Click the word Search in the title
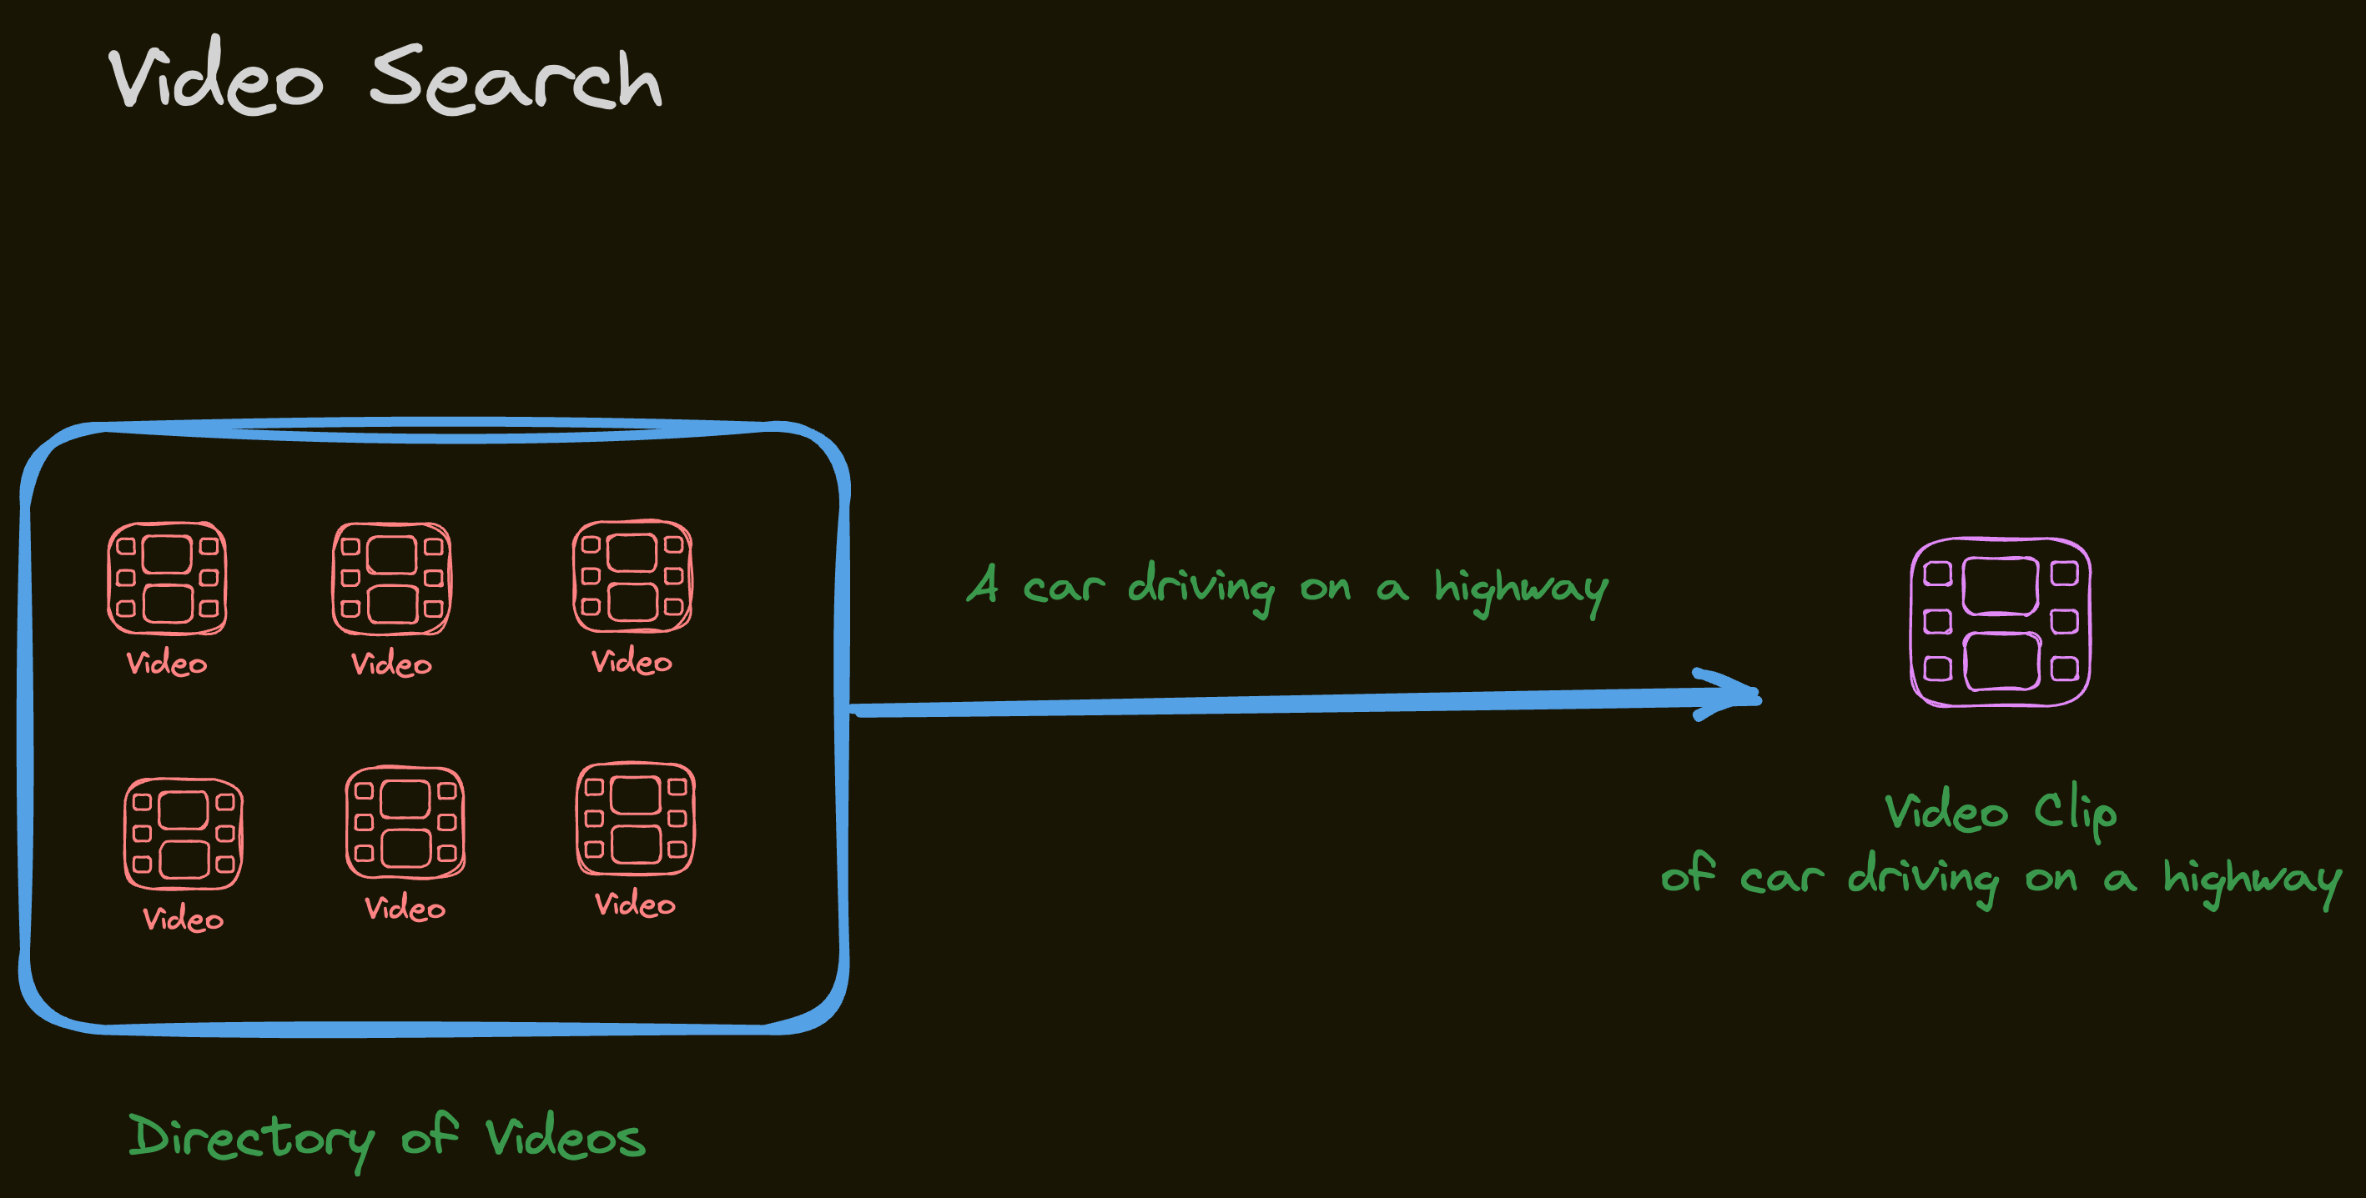pos(516,81)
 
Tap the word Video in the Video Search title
pos(216,78)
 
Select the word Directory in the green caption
pos(251,1138)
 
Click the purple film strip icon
pos(2000,623)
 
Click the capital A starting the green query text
pos(984,583)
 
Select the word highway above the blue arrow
pos(1521,589)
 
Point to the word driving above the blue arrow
pos(1201,587)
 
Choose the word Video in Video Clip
pos(1946,811)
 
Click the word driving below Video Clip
pos(1922,878)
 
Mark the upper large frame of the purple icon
pos(2000,586)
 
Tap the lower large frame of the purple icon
pos(2001,661)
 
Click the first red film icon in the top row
pos(167,579)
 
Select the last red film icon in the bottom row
pos(635,818)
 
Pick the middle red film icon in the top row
pos(392,579)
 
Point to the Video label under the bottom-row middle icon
pos(405,908)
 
